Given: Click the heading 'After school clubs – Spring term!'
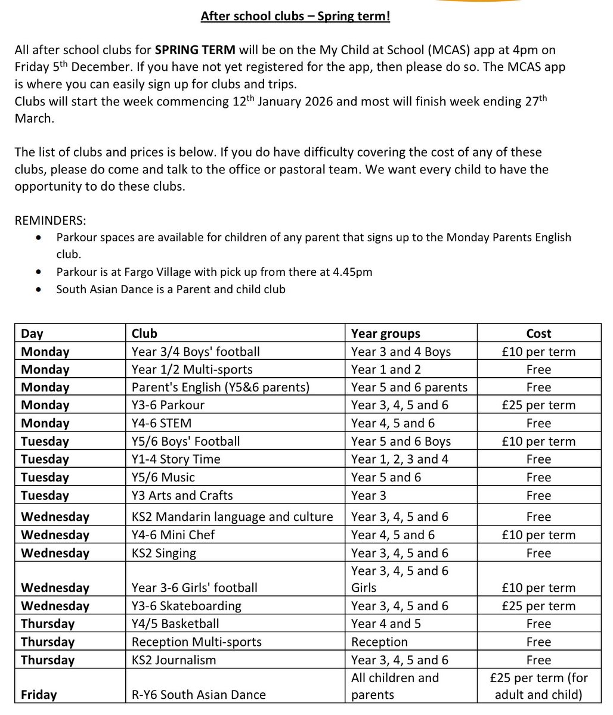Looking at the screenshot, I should coord(295,17).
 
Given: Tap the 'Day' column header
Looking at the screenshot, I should coord(32,334).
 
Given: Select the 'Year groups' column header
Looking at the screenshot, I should coord(385,334).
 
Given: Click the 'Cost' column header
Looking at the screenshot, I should coord(538,334).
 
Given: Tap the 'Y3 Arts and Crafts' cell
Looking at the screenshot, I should coord(182,496).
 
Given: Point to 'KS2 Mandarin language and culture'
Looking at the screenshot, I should coord(232,517).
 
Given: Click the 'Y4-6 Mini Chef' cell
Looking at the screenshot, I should coord(173,534).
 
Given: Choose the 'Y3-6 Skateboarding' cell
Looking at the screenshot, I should coord(186,606).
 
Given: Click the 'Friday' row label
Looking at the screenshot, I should coord(39,695).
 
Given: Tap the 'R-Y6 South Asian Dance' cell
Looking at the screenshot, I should coord(199,695).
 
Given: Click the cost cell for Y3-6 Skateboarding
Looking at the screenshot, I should coord(538,606).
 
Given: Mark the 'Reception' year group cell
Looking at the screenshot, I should coord(379,642).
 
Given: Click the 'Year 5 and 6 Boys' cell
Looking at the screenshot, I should coord(401,442).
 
